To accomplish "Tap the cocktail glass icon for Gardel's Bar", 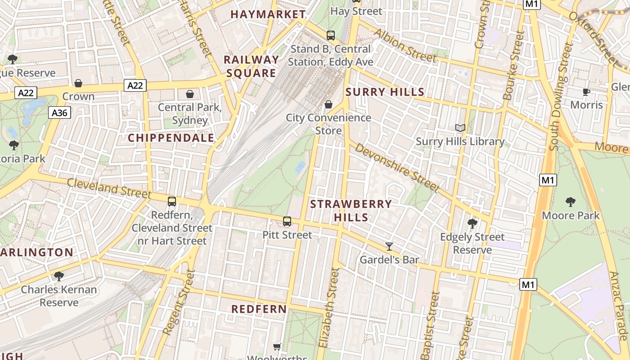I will [389, 246].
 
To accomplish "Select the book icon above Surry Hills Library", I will [460, 128].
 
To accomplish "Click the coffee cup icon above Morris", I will [586, 92].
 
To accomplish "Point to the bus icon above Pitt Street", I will [287, 221].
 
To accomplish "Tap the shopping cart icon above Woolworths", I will [277, 346].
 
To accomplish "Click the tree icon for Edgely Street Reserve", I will [472, 223].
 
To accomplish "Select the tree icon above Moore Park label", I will [571, 202].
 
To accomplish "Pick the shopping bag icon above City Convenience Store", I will [328, 104].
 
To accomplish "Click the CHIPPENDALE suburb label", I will [171, 138].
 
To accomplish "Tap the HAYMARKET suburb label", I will [268, 14].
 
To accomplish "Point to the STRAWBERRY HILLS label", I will [351, 211].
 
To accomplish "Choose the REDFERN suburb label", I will [259, 309].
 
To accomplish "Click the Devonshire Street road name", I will [396, 167].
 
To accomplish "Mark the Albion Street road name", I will [405, 45].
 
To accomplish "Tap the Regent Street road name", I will [179, 302].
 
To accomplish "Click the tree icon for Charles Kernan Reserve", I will [58, 276].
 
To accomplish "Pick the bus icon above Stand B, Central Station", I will [331, 35].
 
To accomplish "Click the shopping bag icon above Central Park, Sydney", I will [190, 94].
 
